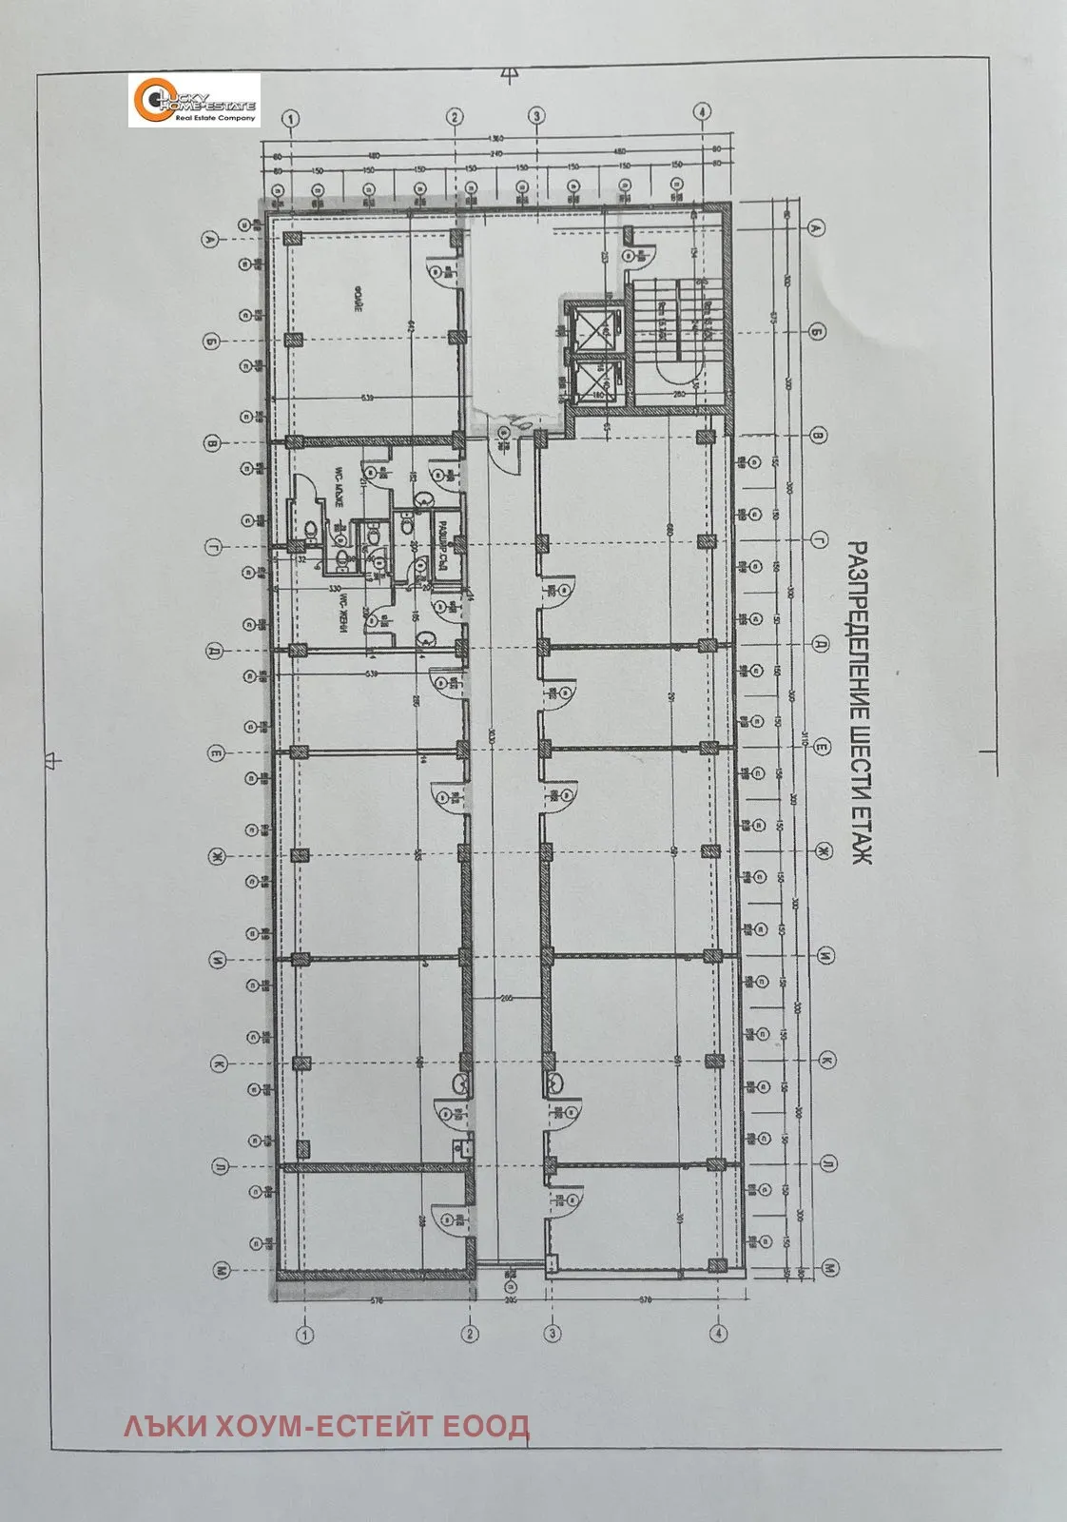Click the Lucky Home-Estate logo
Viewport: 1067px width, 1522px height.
point(194,100)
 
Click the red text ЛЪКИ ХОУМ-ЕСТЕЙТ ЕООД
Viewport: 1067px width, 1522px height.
point(326,1427)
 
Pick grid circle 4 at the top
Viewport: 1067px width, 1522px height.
point(702,112)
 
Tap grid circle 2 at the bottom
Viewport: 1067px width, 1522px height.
point(470,1334)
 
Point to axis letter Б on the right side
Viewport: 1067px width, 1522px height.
point(815,332)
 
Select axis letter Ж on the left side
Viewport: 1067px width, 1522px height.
point(217,858)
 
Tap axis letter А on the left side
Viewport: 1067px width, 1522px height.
point(209,240)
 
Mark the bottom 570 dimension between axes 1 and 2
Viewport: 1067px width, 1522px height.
point(377,1300)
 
